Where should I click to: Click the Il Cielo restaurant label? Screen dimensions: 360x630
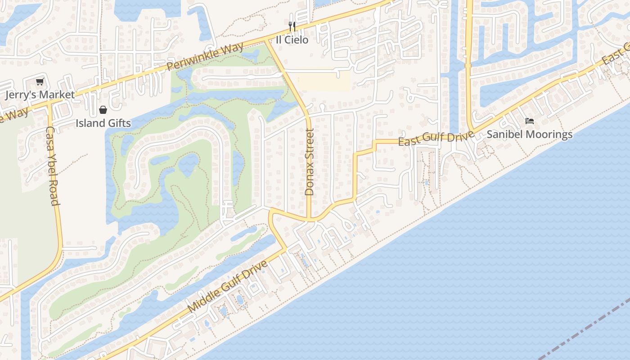292,40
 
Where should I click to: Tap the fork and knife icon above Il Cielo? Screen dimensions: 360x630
292,27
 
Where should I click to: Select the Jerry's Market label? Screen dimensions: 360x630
40,95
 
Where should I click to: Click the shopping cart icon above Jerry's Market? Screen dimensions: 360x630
40,81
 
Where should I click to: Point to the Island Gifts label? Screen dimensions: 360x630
103,123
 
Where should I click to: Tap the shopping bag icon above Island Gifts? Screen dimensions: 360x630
103,110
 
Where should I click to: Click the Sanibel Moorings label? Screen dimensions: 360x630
530,134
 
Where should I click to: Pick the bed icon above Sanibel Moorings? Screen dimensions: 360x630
530,121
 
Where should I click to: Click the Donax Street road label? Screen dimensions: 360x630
309,162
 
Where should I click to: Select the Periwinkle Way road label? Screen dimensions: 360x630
205,56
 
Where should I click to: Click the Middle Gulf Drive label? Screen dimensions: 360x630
228,287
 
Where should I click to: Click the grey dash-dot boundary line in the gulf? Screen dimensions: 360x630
585,333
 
